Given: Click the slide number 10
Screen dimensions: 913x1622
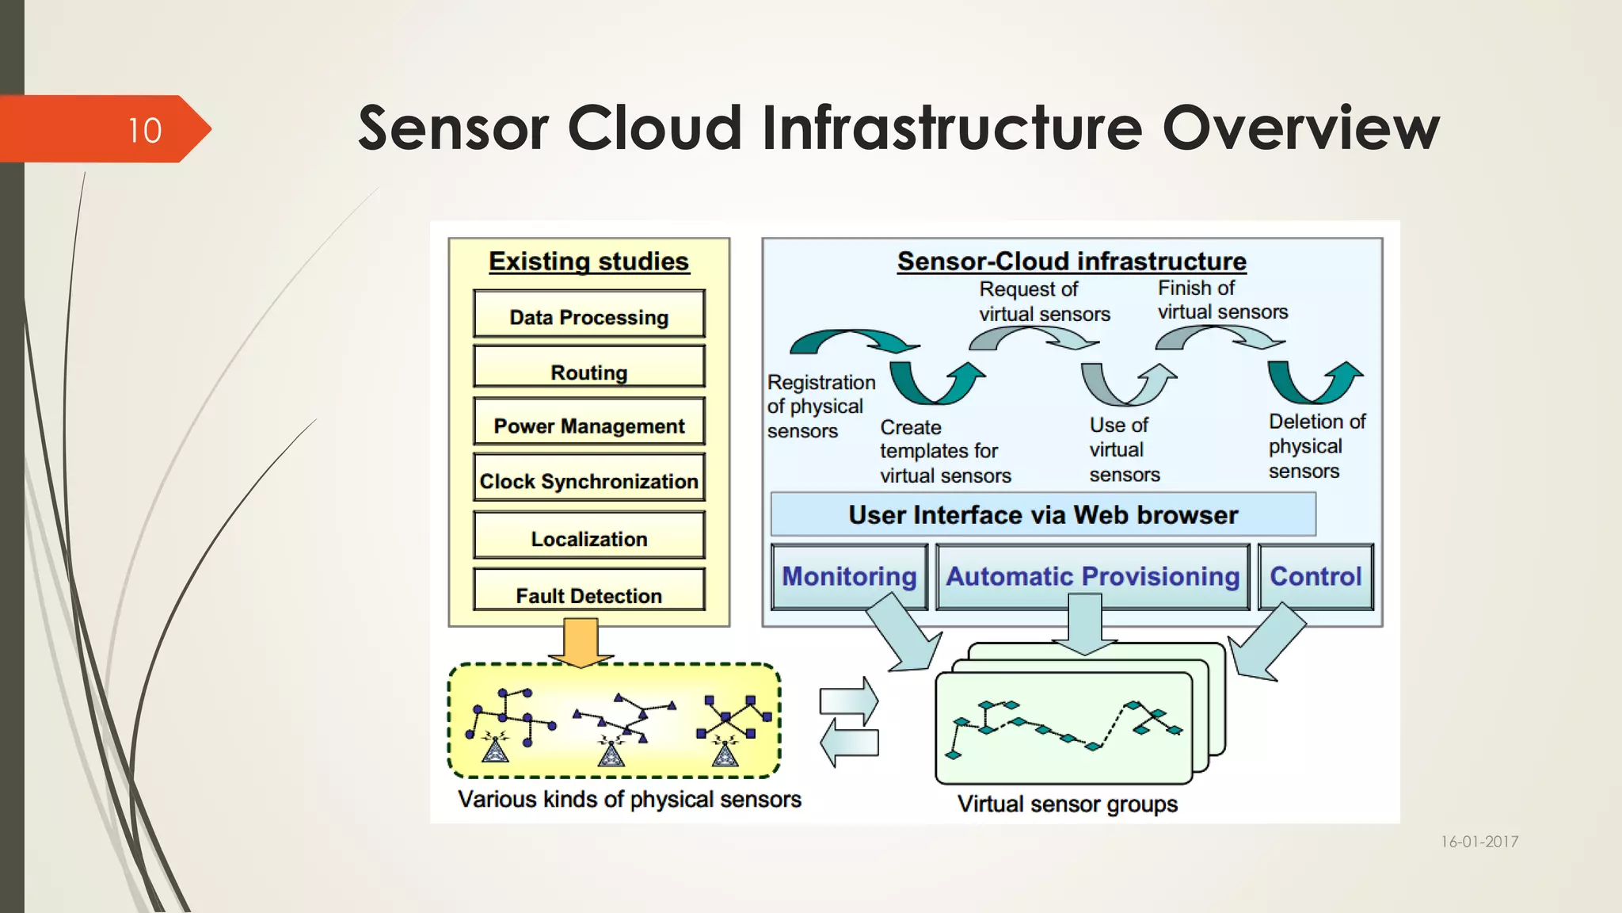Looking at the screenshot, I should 145,130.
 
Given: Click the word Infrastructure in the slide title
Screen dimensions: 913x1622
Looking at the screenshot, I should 953,128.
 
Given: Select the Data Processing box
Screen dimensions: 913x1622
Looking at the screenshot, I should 588,315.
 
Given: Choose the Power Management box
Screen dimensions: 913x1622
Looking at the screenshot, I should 588,424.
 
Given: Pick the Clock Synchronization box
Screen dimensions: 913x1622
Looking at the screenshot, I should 588,479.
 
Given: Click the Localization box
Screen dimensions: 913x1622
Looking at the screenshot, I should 588,537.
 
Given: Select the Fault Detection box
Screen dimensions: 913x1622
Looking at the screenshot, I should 588,593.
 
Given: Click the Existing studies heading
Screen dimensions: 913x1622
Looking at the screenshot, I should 588,262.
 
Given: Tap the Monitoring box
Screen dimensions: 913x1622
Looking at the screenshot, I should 849,576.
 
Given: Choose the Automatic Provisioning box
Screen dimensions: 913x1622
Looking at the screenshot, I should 1092,576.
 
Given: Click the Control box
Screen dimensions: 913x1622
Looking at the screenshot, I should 1315,576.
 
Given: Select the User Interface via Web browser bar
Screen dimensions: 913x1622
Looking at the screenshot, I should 1043,515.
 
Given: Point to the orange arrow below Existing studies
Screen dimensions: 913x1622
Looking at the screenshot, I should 581,642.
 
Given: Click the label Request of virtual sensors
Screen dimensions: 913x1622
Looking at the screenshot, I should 1043,302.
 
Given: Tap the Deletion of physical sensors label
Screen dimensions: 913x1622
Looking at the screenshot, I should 1315,446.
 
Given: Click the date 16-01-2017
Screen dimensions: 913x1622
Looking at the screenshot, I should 1479,842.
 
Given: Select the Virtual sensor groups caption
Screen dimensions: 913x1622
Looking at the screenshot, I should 1067,804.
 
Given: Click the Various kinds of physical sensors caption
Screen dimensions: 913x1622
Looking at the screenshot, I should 630,799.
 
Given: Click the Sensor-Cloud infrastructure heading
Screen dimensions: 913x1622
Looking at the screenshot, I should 1072,262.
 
